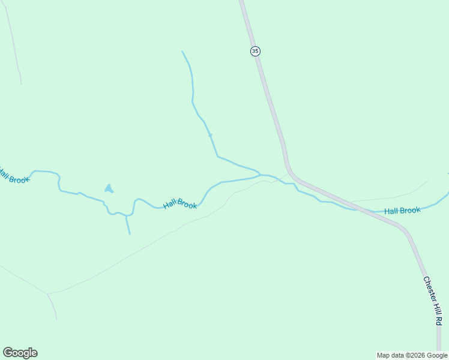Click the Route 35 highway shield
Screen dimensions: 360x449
coord(255,51)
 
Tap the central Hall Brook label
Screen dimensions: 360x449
coord(180,205)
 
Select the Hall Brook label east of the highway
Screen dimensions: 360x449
coord(402,211)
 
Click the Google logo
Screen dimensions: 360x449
coord(20,353)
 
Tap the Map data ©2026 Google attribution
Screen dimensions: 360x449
coord(412,355)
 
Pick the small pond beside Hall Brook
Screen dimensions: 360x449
coord(109,188)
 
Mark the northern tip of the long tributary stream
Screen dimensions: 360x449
coord(182,52)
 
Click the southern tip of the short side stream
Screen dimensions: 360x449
coord(129,233)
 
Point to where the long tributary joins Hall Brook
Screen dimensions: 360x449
coord(260,175)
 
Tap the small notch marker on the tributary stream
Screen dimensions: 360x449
coord(210,136)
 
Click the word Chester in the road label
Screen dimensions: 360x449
coord(429,289)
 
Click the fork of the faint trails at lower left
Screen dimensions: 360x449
coord(48,294)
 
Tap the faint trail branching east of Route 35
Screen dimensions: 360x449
coord(390,197)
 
